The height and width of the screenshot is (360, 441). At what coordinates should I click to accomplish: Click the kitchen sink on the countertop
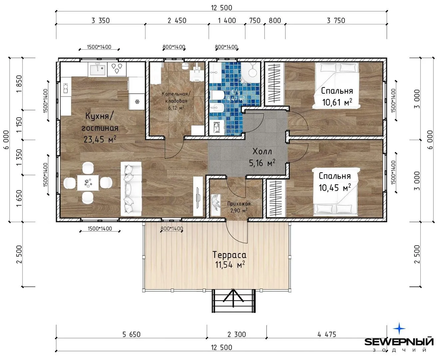98,69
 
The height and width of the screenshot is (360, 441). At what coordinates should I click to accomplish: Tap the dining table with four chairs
88,183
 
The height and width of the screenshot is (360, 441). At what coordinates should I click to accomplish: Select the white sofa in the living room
131,189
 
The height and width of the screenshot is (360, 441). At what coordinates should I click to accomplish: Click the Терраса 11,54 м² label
229,260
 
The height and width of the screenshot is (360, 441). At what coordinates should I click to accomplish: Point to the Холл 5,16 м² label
262,157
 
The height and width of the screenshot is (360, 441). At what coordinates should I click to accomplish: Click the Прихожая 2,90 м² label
239,207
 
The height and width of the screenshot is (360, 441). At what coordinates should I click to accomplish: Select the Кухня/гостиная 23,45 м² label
100,128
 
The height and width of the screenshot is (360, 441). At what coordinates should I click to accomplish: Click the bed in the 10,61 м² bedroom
337,85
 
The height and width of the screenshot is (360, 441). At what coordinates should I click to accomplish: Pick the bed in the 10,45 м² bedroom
335,192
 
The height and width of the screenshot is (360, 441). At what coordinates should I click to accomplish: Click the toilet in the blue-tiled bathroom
217,95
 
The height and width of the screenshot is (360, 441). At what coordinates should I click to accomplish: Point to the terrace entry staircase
233,301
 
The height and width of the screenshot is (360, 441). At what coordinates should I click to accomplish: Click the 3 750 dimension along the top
336,21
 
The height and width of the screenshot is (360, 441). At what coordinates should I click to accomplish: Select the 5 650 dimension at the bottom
131,334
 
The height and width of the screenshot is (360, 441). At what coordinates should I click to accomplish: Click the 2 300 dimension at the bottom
237,334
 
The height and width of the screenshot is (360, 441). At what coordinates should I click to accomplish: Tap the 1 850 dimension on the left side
19,84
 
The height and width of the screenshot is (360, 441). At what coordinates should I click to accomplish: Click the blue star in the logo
399,328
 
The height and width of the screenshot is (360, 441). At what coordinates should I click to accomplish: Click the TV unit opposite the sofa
198,196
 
